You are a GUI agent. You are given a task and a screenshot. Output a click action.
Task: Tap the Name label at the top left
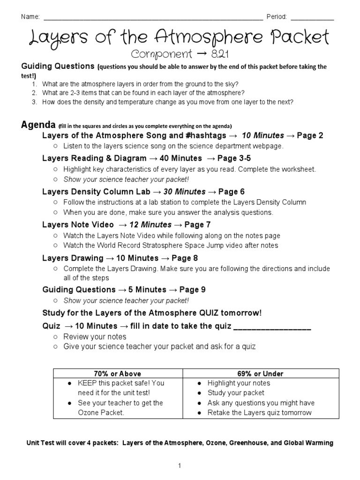[x=29, y=17]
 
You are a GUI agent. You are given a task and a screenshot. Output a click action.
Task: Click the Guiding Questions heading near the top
[x=58, y=67]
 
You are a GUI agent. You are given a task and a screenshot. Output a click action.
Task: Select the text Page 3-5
[x=237, y=158]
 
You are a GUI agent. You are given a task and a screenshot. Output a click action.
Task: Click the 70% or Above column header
[x=117, y=374]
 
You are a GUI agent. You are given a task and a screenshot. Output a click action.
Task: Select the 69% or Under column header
[x=247, y=374]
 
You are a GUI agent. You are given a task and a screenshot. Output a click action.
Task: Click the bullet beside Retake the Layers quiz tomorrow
[x=200, y=413]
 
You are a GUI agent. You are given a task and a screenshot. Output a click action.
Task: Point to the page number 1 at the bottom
[x=179, y=465]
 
